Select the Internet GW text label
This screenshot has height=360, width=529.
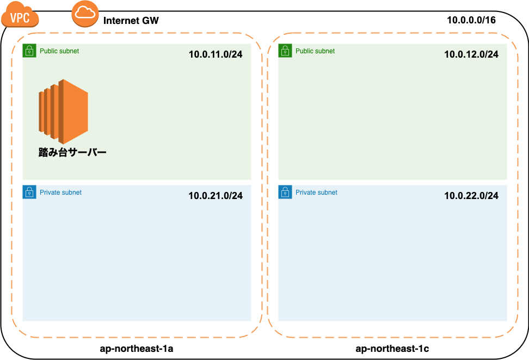click(131, 21)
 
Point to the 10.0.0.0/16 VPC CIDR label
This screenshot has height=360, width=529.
click(471, 20)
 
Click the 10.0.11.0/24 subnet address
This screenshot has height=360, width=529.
click(216, 54)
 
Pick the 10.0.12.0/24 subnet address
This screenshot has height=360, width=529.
click(471, 54)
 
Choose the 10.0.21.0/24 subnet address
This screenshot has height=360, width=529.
click(216, 196)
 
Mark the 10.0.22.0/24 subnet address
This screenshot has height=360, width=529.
click(471, 196)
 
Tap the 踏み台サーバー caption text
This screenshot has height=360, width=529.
click(72, 153)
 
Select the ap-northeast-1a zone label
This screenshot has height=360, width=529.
click(137, 349)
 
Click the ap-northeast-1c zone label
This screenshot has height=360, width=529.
click(392, 349)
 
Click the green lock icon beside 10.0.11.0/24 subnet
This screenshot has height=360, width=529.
click(29, 51)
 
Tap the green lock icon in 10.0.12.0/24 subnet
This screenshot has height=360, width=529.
click(285, 51)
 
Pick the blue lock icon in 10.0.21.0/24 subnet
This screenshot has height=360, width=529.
click(29, 192)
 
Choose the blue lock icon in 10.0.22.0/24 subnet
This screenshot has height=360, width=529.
click(285, 192)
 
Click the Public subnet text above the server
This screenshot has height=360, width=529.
click(59, 51)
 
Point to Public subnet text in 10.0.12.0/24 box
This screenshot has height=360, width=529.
click(315, 51)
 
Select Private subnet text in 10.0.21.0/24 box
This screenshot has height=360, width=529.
click(60, 193)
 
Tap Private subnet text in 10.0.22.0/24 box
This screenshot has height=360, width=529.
click(316, 193)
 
